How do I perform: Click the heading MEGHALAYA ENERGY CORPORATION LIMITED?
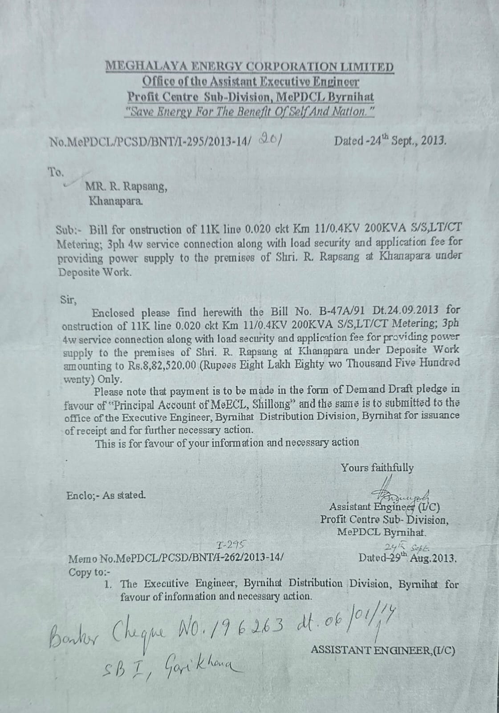[x=249, y=67]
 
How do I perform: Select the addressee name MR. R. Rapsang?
[x=126, y=187]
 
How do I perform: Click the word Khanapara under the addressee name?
[x=117, y=201]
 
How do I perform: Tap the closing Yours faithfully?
[x=377, y=468]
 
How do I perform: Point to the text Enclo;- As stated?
[x=105, y=495]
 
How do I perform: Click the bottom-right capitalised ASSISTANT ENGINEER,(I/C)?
[x=383, y=650]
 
